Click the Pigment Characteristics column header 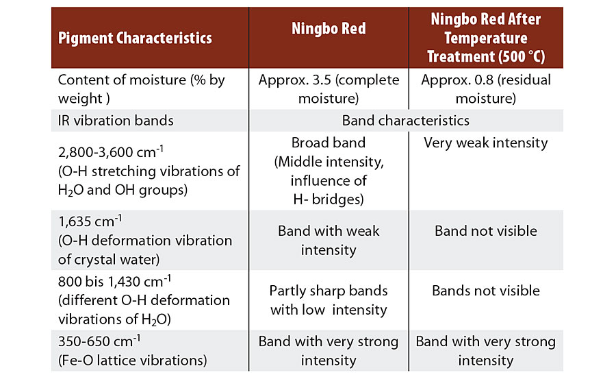(x=135, y=38)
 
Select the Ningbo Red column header (x=329, y=28)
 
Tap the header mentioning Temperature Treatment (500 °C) (x=486, y=38)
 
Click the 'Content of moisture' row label (x=141, y=89)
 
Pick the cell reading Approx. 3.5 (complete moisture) (x=329, y=89)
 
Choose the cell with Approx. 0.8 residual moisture (x=486, y=89)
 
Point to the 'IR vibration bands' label (x=116, y=121)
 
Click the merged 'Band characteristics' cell (x=405, y=121)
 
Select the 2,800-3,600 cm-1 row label (x=149, y=171)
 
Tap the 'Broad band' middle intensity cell (x=329, y=171)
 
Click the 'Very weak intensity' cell (x=486, y=143)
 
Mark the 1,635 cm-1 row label (x=145, y=240)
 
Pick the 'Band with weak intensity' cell (x=329, y=240)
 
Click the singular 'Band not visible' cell (x=486, y=230)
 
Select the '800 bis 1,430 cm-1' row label (x=144, y=300)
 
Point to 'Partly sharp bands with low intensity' (x=329, y=300)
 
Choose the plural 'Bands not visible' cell (x=486, y=291)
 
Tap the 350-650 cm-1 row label (x=132, y=351)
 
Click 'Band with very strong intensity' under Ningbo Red (x=329, y=351)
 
